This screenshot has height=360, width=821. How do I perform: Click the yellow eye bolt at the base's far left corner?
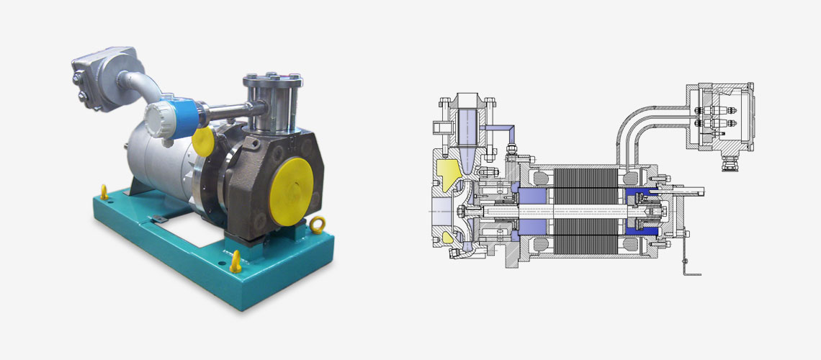103,192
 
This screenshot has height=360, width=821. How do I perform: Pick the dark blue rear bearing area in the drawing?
641,212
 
